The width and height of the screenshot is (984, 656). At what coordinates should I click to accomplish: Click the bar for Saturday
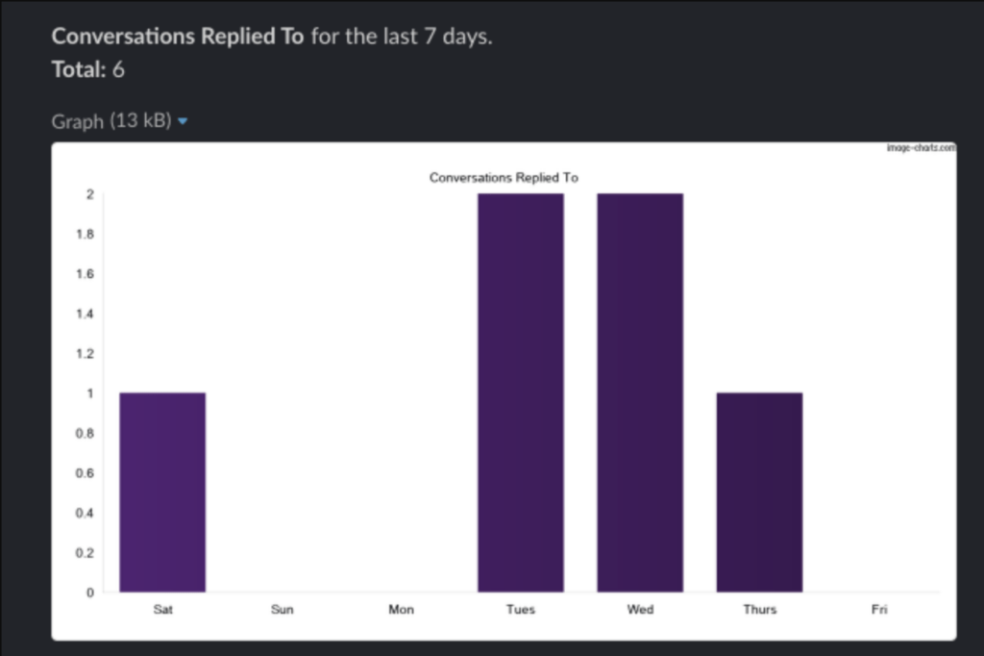pos(162,492)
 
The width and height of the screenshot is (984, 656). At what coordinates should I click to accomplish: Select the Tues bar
pos(521,392)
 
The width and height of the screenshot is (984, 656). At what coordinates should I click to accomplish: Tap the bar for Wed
pos(640,392)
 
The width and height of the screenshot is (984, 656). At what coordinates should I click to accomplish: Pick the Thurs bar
pos(759,492)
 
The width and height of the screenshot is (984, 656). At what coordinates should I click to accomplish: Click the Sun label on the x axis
pos(283,610)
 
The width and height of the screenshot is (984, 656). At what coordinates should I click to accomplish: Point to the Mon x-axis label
pos(402,610)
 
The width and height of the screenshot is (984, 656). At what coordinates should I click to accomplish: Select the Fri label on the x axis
pos(879,610)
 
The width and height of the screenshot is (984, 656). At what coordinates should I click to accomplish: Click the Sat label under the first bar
pos(162,610)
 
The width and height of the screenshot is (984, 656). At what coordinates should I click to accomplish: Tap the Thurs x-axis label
pos(759,610)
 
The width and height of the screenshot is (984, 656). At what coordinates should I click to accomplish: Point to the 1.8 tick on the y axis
pos(86,234)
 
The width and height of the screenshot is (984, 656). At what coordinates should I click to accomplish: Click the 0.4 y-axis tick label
pos(86,513)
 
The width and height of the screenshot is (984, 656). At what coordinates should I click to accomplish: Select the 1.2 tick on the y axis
pos(86,354)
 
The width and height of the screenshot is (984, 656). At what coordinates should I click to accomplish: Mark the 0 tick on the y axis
pos(89,593)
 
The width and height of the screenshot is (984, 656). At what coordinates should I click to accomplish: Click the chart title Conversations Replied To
pos(504,178)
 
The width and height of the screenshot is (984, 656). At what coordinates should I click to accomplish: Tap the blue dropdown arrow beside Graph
pos(183,122)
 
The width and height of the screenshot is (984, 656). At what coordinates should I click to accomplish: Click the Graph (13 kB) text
pos(111,121)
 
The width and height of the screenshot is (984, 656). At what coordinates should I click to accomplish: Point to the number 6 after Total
pos(118,70)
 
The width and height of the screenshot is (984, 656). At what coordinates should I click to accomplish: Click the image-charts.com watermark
pos(920,148)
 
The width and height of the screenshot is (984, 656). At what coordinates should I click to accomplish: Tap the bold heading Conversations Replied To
pos(178,37)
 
